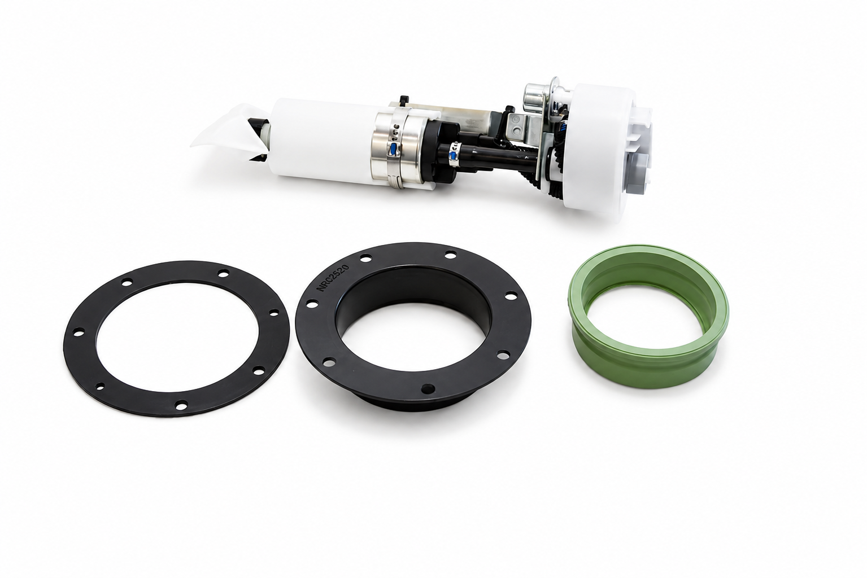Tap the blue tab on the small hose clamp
452,156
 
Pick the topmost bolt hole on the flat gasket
223,274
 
